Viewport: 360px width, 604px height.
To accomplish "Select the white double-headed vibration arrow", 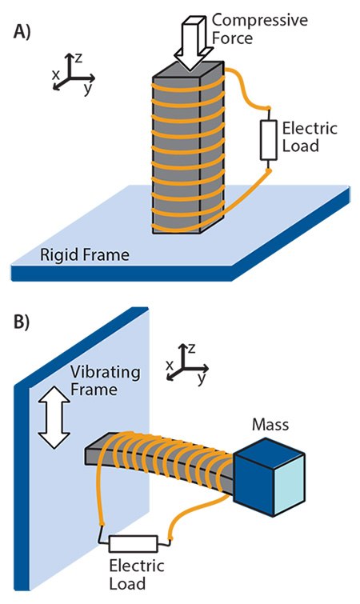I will (x=56, y=422).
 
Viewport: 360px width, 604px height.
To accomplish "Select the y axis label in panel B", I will (x=201, y=381).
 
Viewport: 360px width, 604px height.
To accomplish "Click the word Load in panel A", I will (x=302, y=146).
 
